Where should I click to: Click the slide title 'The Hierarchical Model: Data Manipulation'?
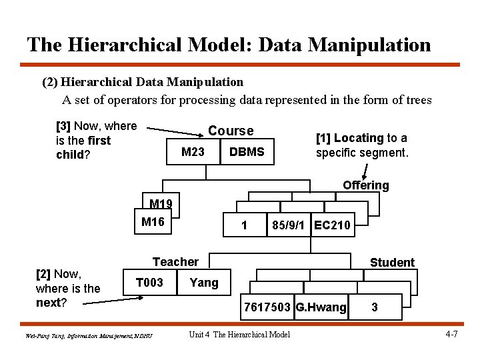[229, 45]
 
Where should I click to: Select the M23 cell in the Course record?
[193, 152]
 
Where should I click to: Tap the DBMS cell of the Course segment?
[247, 152]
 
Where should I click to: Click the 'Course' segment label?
[231, 131]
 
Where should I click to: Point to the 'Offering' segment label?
[365, 185]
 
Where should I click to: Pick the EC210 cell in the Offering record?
[332, 225]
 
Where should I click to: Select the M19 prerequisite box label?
[161, 204]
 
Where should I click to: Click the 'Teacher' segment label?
[175, 262]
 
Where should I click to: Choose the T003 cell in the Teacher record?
[149, 283]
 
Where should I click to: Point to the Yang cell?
[204, 283]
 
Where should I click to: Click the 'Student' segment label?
[392, 263]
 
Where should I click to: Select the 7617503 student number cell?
[267, 307]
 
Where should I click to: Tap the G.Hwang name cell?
[321, 307]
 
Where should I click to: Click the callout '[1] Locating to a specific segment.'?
[361, 145]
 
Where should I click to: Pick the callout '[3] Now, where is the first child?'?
[96, 140]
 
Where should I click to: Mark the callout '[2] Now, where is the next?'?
[67, 289]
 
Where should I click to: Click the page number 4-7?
[451, 333]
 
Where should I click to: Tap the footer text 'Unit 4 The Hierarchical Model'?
[239, 334]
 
